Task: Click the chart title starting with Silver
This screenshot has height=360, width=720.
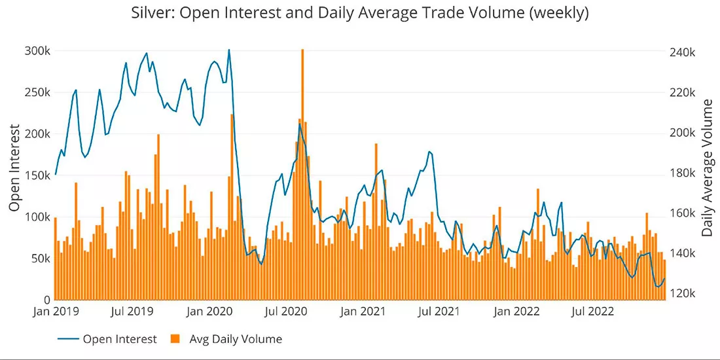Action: tap(360, 13)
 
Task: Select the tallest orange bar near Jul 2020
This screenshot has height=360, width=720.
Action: tap(302, 175)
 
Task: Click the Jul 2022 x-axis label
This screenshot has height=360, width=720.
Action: tap(594, 312)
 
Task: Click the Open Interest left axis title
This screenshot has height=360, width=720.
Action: tap(14, 168)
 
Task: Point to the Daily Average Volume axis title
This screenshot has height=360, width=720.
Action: tap(708, 168)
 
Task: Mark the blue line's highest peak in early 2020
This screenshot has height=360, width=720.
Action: tap(228, 50)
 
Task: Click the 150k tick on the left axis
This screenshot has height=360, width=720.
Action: tap(37, 175)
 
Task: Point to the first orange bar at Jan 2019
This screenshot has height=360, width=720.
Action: tap(55, 259)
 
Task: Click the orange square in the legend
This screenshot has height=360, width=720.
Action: tap(174, 339)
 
